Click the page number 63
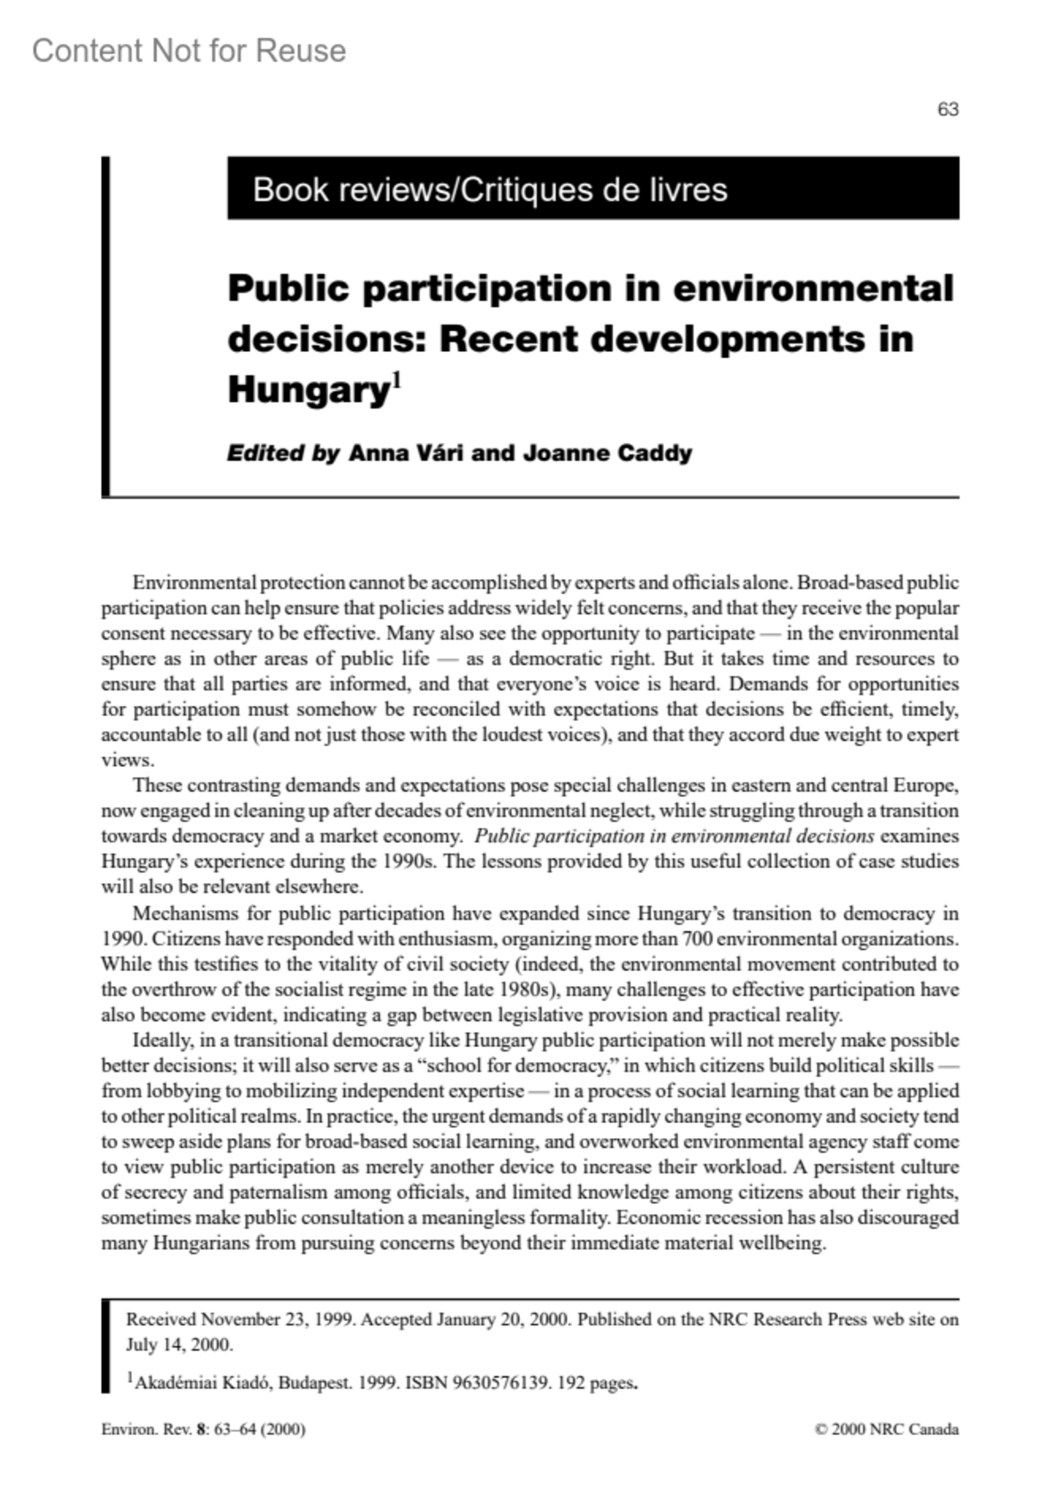(948, 110)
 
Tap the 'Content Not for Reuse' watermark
(189, 51)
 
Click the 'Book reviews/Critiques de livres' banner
(490, 189)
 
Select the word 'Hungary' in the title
(309, 390)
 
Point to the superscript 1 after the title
(397, 381)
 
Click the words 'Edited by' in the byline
(283, 454)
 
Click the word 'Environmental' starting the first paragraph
(195, 583)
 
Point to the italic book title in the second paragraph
(674, 837)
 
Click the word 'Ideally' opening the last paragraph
(163, 1040)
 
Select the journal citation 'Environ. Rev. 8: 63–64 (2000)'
(203, 1430)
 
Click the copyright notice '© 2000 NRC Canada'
(886, 1430)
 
